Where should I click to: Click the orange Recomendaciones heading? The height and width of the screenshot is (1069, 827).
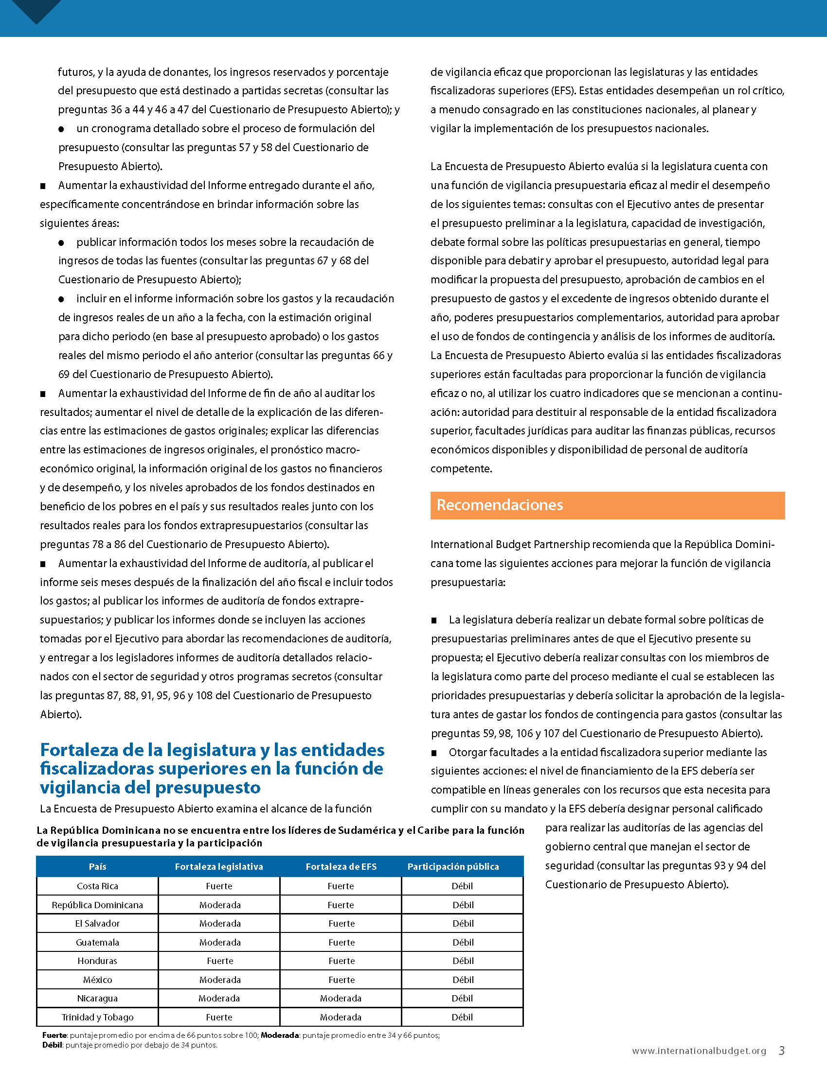coord(500,505)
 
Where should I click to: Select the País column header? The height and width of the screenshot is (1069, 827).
coord(97,867)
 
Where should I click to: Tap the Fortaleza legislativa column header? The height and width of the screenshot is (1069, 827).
coord(219,867)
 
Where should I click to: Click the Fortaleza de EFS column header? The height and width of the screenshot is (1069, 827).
coord(341,867)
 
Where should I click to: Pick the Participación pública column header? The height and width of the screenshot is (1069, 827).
coord(453,867)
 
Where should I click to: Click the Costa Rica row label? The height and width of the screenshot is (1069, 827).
coord(97,886)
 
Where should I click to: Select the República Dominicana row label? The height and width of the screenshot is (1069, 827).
coord(97,905)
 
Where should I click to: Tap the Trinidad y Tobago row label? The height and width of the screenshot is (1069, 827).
coord(97,1017)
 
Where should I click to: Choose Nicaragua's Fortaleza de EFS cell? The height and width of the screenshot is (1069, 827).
coord(341,998)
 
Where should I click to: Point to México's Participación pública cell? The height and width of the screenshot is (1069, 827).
coord(463,980)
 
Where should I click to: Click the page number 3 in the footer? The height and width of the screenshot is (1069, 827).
coord(782,1051)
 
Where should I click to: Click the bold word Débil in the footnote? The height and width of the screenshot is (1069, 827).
coord(52,1045)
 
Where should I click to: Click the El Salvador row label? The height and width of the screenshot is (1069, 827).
coord(97,924)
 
